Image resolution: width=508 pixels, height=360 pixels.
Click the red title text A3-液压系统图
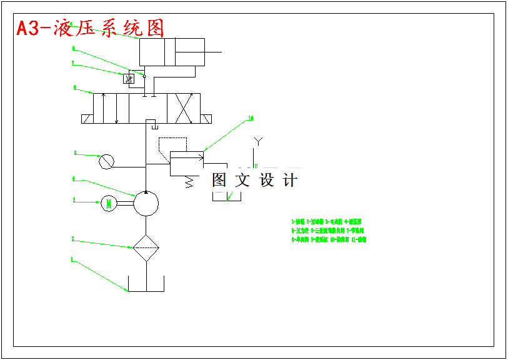(x=91, y=28)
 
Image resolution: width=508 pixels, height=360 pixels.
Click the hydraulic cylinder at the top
(x=171, y=52)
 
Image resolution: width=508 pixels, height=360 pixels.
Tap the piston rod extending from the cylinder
(x=213, y=52)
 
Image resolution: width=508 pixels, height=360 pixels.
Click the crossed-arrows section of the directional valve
(x=183, y=109)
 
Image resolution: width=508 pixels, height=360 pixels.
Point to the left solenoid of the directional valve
(x=87, y=119)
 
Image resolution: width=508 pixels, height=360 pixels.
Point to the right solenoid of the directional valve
(x=207, y=119)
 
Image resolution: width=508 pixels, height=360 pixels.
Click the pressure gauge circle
(x=107, y=161)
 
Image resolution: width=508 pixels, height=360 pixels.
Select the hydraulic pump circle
(x=146, y=203)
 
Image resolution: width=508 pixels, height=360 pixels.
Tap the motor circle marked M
(x=109, y=202)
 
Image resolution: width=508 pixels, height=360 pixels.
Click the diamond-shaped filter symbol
(x=146, y=248)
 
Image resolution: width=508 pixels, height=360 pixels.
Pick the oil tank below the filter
(x=146, y=284)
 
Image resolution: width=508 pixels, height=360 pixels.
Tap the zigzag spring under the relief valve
(x=188, y=182)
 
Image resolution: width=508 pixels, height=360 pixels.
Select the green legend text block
(x=329, y=230)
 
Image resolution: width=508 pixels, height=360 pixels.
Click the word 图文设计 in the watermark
(x=254, y=181)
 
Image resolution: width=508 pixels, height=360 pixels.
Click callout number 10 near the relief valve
(x=251, y=118)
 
